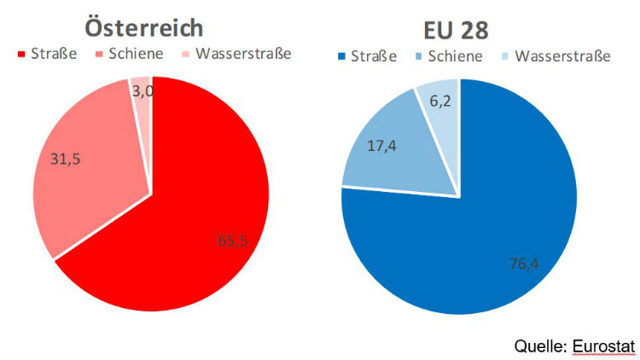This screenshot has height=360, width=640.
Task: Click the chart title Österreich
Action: (x=143, y=27)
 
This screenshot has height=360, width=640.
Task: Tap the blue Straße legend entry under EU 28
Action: (x=376, y=57)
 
